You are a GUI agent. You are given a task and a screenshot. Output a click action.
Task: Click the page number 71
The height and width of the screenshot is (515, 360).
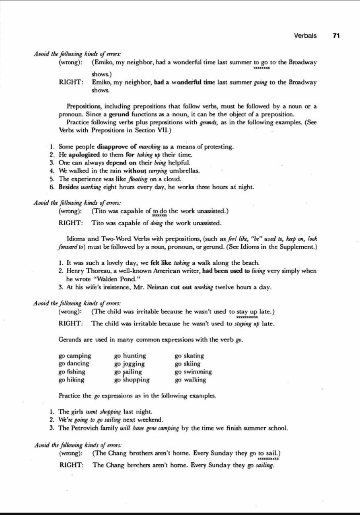(x=337, y=35)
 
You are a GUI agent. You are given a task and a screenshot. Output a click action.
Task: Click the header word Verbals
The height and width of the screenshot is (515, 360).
(x=305, y=35)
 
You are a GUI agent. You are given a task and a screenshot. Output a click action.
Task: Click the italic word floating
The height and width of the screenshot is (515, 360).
(x=140, y=179)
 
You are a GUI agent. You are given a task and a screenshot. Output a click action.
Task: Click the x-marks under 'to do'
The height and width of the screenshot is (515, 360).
(x=160, y=216)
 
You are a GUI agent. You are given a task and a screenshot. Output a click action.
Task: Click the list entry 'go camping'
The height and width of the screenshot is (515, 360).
(x=75, y=356)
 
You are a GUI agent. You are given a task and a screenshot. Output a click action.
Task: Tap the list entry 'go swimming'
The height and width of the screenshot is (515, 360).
(x=193, y=372)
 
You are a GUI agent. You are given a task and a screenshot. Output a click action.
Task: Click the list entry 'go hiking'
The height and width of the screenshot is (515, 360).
(x=72, y=380)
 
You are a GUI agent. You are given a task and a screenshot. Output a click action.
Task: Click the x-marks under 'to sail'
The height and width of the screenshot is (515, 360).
(x=268, y=458)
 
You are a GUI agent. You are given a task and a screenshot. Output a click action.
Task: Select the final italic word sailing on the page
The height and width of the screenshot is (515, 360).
(x=265, y=466)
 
